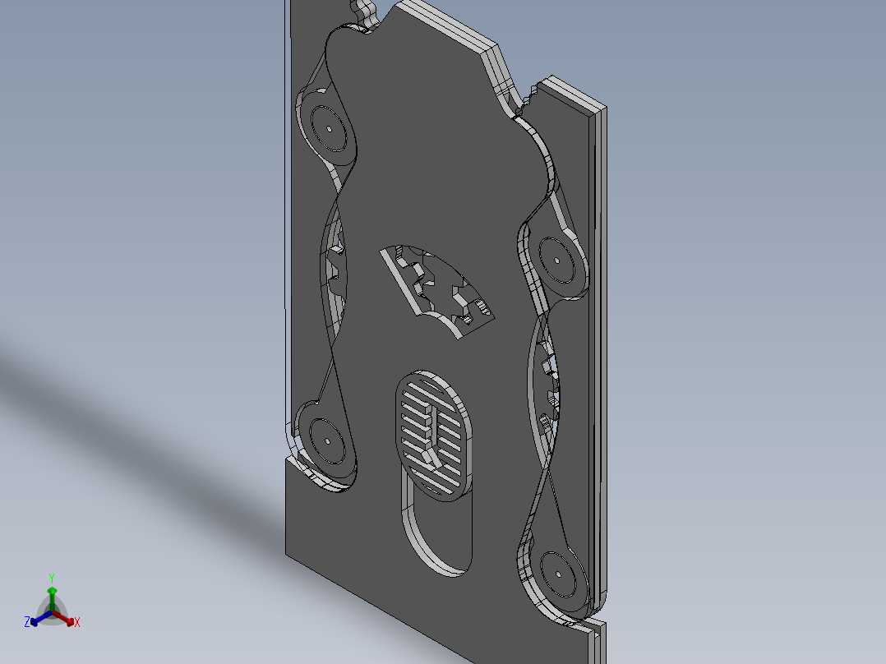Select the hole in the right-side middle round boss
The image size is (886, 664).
[x=557, y=261]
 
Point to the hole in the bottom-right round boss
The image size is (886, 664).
[x=556, y=574]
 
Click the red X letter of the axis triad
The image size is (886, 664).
[x=77, y=623]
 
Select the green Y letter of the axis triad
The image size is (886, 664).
[x=52, y=578]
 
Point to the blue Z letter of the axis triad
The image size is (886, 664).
[x=27, y=623]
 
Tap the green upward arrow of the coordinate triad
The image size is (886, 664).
[x=52, y=593]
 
